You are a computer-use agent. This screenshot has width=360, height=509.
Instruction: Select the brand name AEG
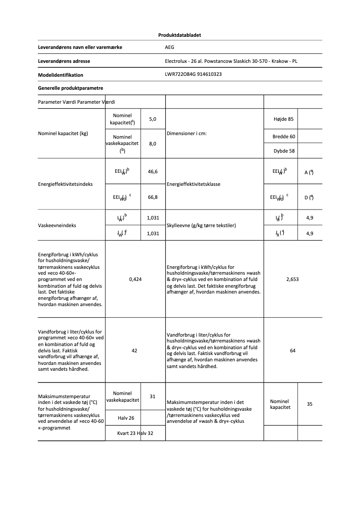(x=169, y=47)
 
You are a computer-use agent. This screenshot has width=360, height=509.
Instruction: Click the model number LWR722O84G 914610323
(x=193, y=75)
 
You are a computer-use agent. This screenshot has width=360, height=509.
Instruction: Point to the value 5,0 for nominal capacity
(x=153, y=119)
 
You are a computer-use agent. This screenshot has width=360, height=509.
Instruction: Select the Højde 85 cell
(x=283, y=119)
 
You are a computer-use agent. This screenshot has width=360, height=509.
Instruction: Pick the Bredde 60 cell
(x=284, y=136)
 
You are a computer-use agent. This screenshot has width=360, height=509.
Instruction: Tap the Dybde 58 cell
(x=284, y=151)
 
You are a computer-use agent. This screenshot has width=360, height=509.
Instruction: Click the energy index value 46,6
(x=153, y=171)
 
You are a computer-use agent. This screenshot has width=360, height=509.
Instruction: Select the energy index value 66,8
(x=153, y=197)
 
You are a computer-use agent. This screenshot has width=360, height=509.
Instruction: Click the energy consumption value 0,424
(x=135, y=279)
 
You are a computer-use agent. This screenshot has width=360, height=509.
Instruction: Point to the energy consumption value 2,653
(x=292, y=279)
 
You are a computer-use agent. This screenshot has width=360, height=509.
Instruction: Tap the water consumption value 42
(x=134, y=351)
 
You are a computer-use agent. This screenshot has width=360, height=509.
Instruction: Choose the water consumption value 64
(x=293, y=351)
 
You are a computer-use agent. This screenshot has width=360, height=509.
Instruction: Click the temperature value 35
(x=310, y=404)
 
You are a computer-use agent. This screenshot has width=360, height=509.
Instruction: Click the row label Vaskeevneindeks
(x=57, y=225)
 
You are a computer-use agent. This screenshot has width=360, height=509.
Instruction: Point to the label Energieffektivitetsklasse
(x=194, y=184)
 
